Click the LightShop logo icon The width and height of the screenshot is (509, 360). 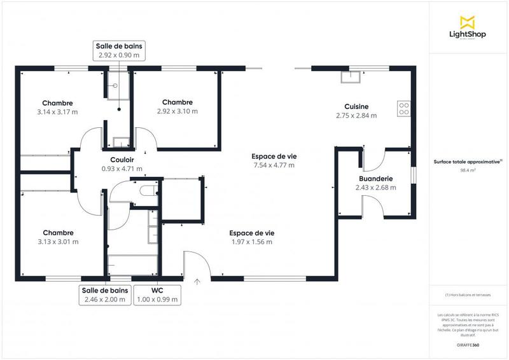coord(468,22)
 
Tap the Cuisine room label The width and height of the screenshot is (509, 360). coord(356,107)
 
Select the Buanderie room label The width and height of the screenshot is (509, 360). coord(375,179)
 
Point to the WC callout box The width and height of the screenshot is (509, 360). coord(157,294)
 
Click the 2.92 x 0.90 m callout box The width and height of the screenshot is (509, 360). coord(119,51)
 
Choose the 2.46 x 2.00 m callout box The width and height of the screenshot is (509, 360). coord(104,294)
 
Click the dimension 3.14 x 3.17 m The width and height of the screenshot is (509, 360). coord(57,112)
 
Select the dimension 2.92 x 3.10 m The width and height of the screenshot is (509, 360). coord(178,111)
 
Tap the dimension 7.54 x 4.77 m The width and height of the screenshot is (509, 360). coord(274,165)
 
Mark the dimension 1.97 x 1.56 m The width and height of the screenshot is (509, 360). coord(251,242)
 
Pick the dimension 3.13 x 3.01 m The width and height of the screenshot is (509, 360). coord(58,242)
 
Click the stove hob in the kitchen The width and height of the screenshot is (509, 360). coord(403,109)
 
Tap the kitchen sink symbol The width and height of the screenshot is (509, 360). coord(350,77)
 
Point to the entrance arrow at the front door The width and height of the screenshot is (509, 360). coord(197,280)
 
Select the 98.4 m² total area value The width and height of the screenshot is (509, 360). coord(468,171)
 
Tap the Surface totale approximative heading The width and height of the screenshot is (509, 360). coord(468,162)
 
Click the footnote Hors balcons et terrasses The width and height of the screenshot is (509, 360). coord(468,295)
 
